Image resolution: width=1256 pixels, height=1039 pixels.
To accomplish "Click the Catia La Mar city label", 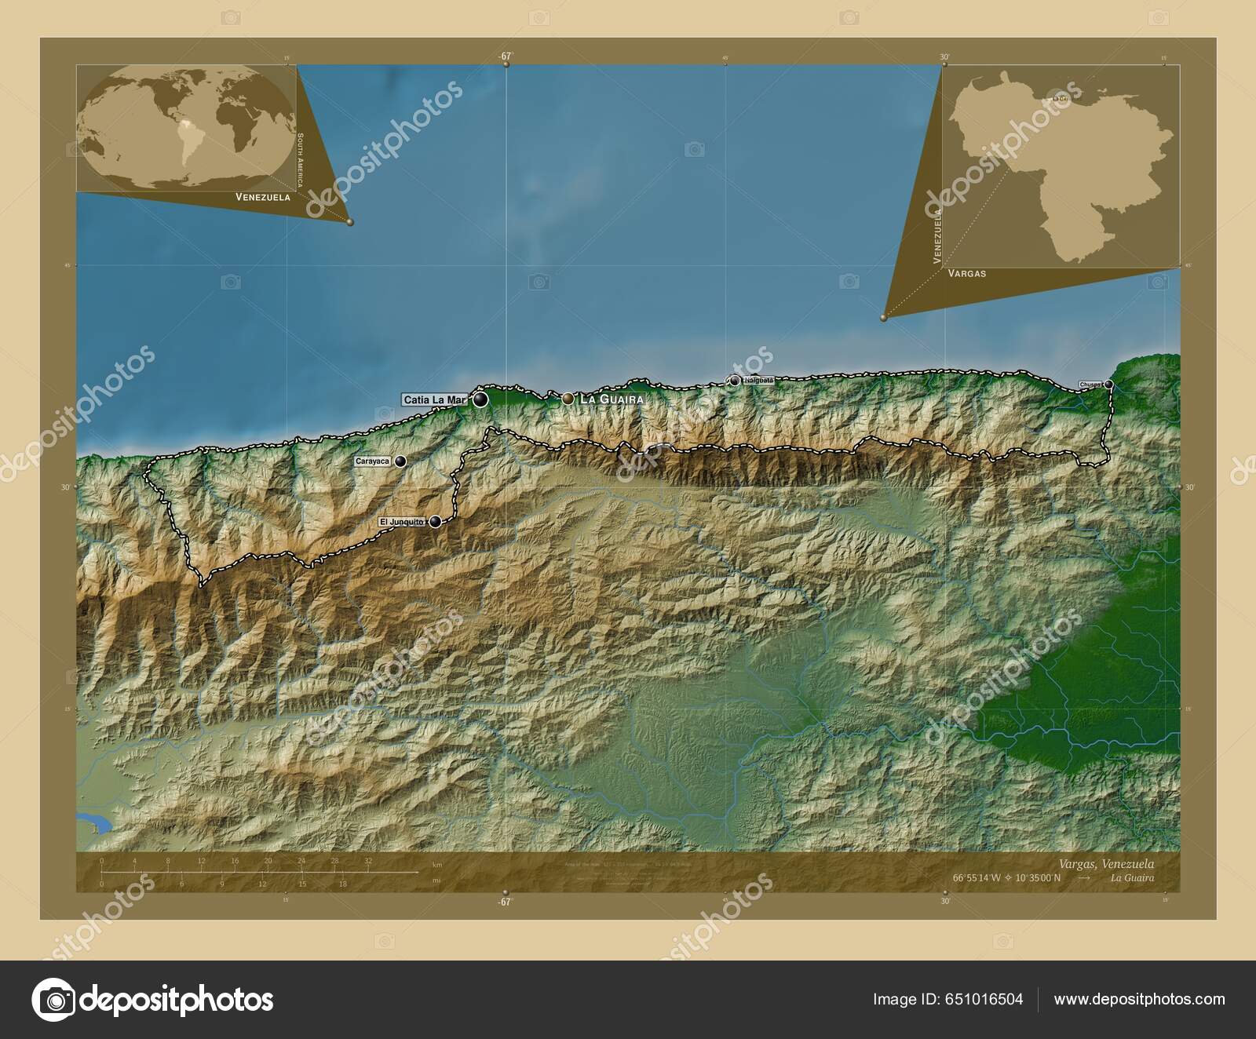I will [434, 400].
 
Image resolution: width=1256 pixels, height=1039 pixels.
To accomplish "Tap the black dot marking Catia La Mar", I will [480, 400].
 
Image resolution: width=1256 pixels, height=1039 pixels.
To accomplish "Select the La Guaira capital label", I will [611, 399].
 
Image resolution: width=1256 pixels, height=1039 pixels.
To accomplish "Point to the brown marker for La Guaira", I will [568, 399].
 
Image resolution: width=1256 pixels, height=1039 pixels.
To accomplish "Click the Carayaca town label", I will [372, 461].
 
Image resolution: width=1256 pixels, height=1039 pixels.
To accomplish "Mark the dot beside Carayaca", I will [400, 461].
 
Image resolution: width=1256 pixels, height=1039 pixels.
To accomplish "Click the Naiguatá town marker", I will [734, 381].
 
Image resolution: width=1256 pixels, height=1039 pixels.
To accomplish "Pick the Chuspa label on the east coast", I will [1091, 385].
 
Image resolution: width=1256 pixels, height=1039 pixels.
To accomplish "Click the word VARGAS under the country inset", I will [966, 274].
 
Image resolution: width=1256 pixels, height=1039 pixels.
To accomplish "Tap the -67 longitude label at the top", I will [505, 57].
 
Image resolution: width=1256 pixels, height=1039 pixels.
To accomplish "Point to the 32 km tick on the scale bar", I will [367, 862].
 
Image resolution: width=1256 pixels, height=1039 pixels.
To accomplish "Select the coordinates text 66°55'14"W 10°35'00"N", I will [1007, 878].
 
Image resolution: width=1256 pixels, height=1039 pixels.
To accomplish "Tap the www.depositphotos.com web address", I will [1139, 1000].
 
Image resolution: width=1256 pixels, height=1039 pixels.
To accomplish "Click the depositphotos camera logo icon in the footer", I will [53, 1000].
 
